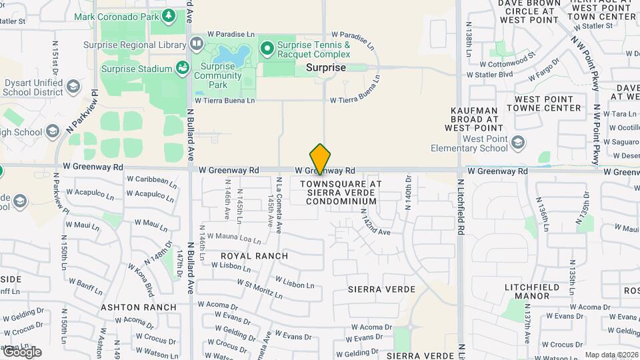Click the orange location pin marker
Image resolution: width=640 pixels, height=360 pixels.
[320, 159]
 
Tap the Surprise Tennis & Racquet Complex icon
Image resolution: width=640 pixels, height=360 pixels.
[267, 48]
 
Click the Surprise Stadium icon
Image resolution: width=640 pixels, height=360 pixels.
[181, 68]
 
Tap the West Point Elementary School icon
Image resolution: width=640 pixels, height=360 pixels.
[518, 143]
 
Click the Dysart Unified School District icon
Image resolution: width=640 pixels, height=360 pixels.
[73, 87]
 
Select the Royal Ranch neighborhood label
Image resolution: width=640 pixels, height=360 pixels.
[255, 256]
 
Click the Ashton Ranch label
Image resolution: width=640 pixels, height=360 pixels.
[139, 307]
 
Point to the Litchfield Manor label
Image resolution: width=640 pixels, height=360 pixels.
[531, 291]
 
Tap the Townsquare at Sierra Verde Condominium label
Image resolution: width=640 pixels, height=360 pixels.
[341, 192]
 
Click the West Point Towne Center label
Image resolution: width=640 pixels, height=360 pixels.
[543, 103]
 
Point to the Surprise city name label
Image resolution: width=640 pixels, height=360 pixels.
[326, 68]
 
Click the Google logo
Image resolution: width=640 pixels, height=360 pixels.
[22, 352]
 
